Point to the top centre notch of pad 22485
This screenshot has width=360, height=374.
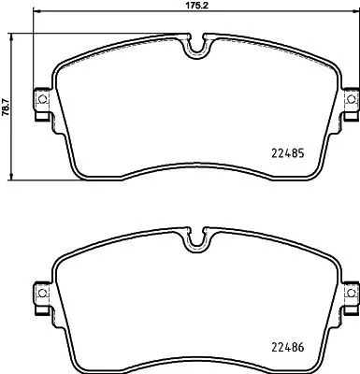click(196, 47)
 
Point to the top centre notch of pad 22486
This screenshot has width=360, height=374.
click(196, 241)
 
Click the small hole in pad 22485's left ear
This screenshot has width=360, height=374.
click(40, 99)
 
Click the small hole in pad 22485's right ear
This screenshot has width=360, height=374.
click(352, 99)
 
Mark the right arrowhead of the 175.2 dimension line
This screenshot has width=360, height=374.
click(356, 15)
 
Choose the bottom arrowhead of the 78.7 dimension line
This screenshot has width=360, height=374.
click(13, 179)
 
